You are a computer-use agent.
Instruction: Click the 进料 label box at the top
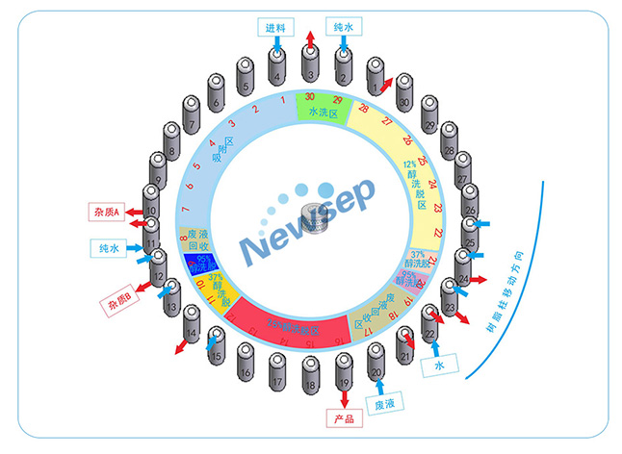point(276,26)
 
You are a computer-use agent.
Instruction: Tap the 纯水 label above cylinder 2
point(342,26)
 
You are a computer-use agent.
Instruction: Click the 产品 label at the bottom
point(344,419)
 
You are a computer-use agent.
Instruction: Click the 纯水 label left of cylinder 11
point(109,247)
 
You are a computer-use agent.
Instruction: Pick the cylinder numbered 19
point(343,370)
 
